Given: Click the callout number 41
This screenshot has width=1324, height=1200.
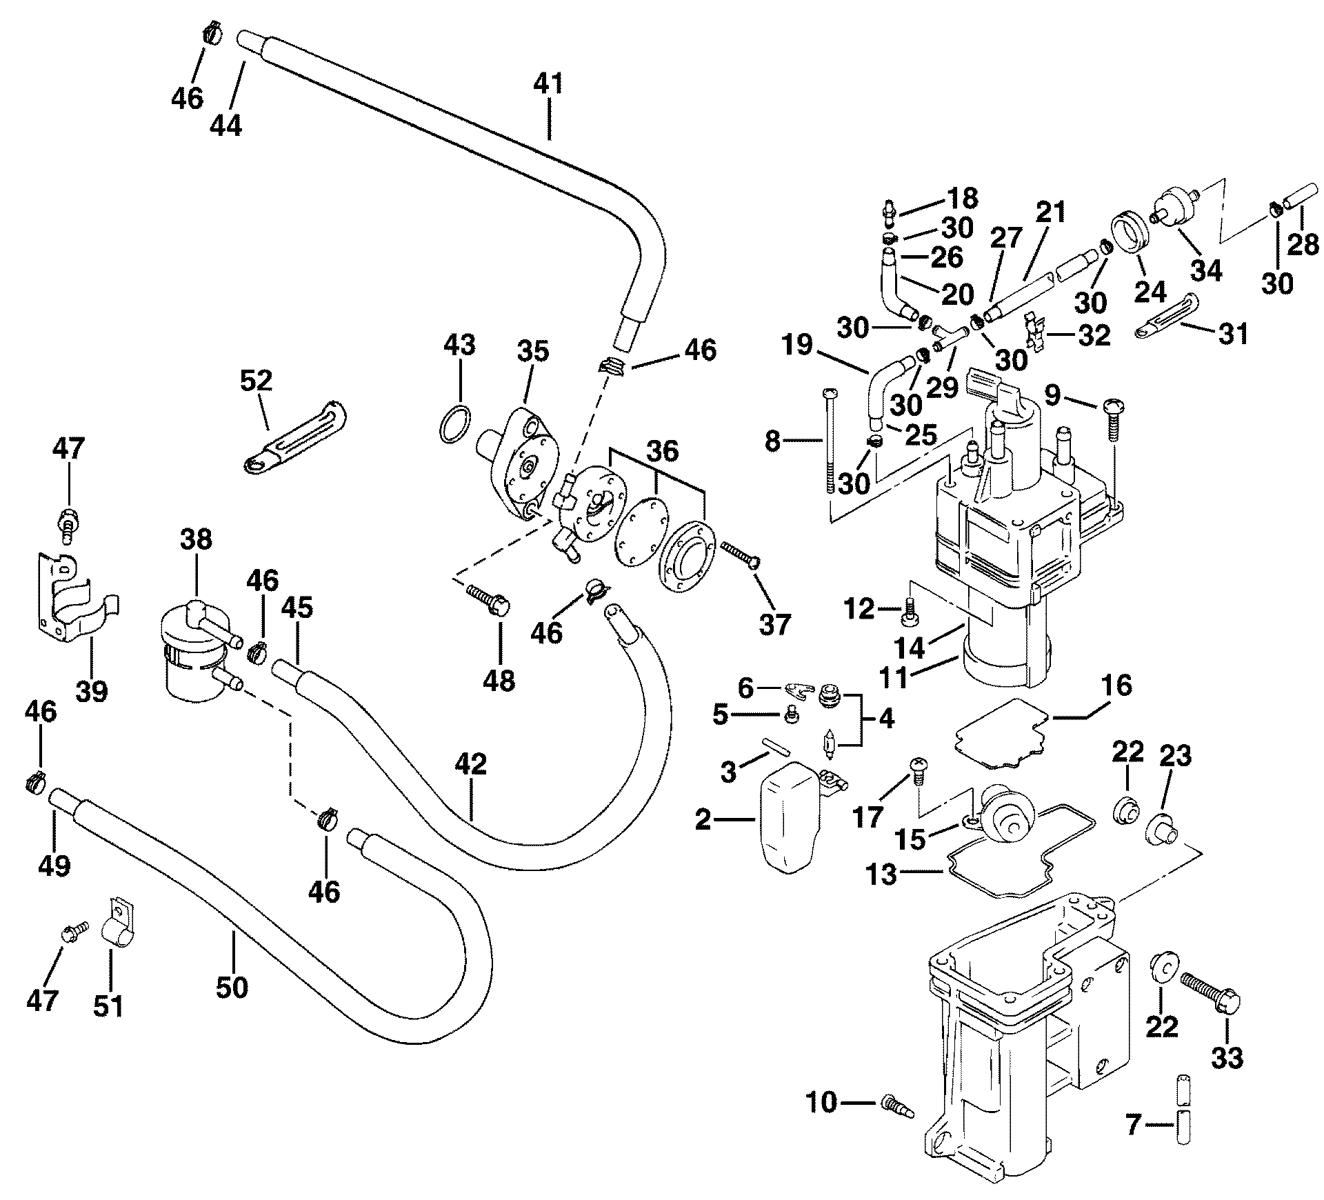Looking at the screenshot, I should (x=548, y=85).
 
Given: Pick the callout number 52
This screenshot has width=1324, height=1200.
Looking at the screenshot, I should (x=257, y=381).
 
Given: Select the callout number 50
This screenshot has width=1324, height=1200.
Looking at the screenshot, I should (x=232, y=988).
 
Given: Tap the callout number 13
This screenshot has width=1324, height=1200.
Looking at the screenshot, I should (x=882, y=875).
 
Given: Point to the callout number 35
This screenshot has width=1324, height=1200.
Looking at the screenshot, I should (x=533, y=351).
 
